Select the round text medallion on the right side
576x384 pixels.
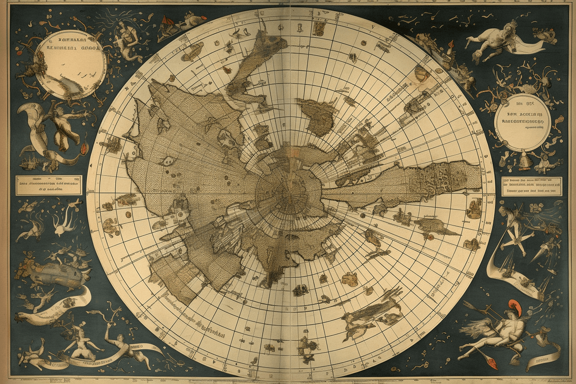click(x=522, y=122)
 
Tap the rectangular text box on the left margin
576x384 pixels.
click(x=48, y=185)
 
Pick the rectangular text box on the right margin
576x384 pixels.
click(x=531, y=186)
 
